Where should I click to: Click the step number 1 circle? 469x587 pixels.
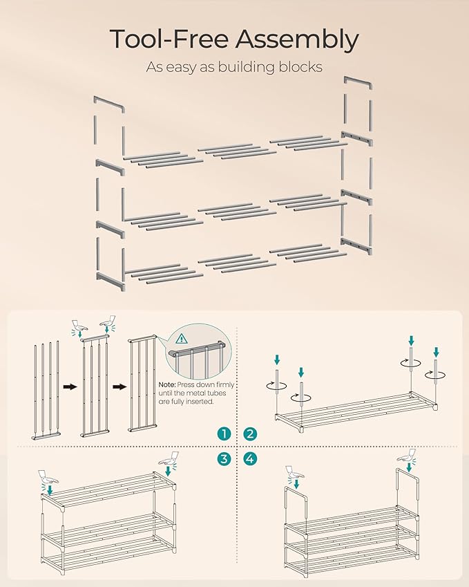(x=223, y=434)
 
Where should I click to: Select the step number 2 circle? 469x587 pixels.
(x=250, y=434)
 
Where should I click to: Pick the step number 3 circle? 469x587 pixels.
(x=223, y=458)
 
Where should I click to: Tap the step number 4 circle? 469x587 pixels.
(x=250, y=458)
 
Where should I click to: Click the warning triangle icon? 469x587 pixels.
(x=182, y=339)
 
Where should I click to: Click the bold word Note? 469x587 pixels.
(x=168, y=384)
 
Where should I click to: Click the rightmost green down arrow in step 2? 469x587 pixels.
(x=436, y=352)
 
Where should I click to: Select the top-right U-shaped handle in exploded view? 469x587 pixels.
(x=358, y=83)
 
